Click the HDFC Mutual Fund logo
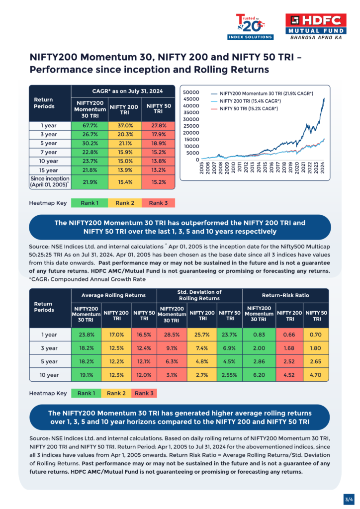tap(316, 27)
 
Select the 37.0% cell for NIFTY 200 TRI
tap(123, 126)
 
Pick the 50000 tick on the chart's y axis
tap(191, 92)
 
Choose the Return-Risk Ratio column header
tap(286, 295)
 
